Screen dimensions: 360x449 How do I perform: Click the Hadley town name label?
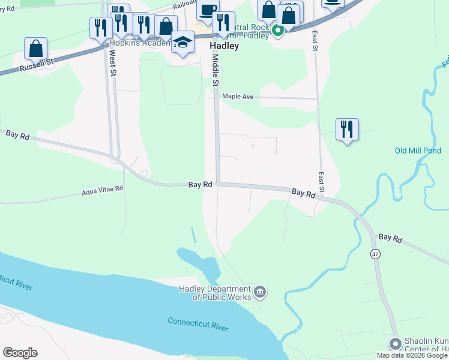click(x=224, y=46)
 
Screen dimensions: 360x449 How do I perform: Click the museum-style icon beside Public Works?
click(x=260, y=292)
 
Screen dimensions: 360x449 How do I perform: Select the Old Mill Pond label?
click(x=418, y=151)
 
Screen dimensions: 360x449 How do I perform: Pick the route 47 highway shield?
click(x=375, y=254)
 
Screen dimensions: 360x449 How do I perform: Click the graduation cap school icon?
click(x=182, y=42)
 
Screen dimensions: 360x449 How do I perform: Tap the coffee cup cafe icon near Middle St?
click(x=208, y=10)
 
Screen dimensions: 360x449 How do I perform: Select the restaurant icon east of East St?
click(x=347, y=129)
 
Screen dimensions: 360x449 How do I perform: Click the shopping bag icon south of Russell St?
click(x=35, y=48)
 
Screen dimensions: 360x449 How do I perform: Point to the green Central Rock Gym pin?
click(x=277, y=31)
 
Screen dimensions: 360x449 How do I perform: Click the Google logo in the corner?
click(x=20, y=353)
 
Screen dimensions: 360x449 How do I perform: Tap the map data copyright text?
click(x=412, y=355)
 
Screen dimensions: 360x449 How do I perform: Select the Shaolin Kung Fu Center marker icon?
click(x=395, y=344)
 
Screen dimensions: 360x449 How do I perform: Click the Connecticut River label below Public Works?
click(x=197, y=324)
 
